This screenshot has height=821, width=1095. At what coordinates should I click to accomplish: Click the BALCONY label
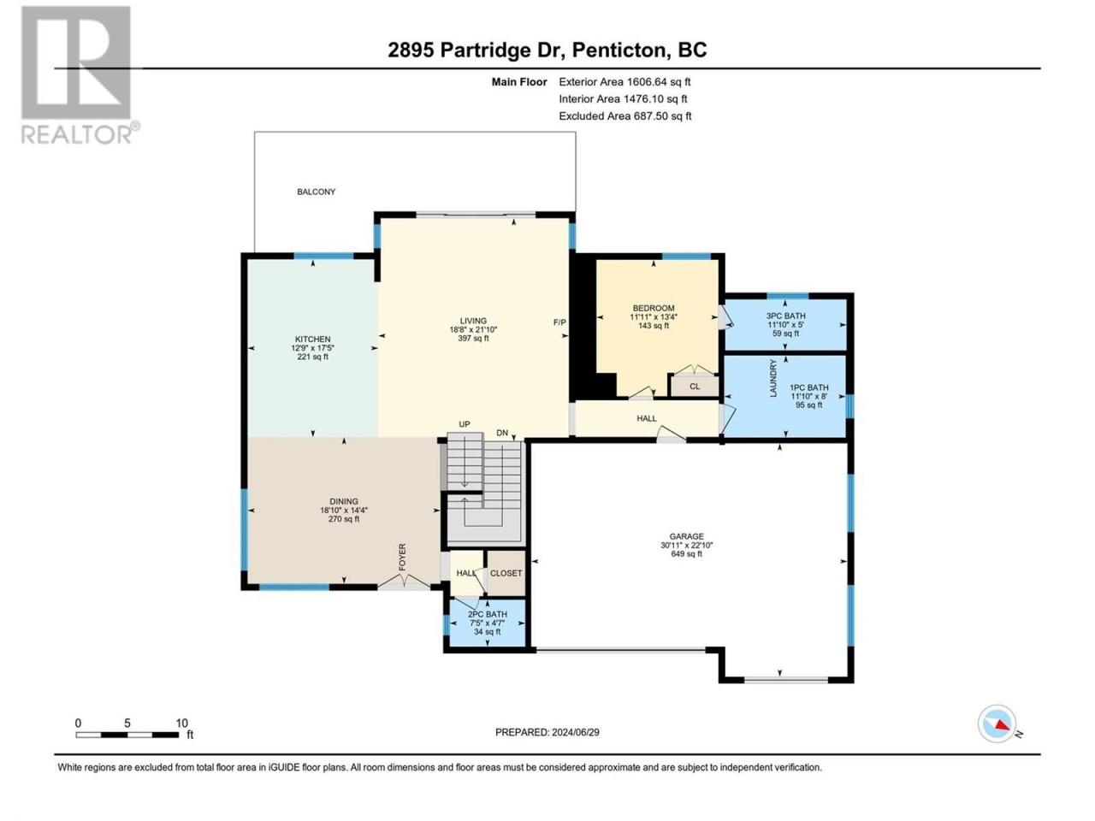point(316,192)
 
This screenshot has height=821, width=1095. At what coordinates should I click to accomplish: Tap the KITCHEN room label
point(312,340)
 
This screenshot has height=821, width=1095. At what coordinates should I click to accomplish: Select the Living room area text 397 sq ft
point(473,339)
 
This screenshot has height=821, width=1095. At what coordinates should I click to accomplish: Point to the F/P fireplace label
point(559,322)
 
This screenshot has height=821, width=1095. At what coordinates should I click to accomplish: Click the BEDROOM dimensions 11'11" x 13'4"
point(654,317)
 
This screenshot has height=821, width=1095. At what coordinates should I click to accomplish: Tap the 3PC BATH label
point(785,316)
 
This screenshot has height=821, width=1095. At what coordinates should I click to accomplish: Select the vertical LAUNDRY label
point(773,378)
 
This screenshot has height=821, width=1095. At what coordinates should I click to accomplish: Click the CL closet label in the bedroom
point(695,387)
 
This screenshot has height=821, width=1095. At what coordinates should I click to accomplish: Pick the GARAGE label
point(686,536)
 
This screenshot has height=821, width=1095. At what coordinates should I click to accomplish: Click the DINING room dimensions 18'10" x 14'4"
point(344,511)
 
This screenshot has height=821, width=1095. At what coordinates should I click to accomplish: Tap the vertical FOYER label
point(402,558)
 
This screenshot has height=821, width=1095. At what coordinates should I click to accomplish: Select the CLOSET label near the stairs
point(506,573)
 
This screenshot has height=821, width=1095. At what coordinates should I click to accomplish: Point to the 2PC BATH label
point(488,615)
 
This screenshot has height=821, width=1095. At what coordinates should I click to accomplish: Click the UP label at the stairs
point(465,424)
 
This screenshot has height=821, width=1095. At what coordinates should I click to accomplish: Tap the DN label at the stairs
point(502,433)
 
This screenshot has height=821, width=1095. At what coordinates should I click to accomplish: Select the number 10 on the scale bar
point(181,723)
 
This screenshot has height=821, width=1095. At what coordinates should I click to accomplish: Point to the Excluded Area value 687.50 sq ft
point(662,116)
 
